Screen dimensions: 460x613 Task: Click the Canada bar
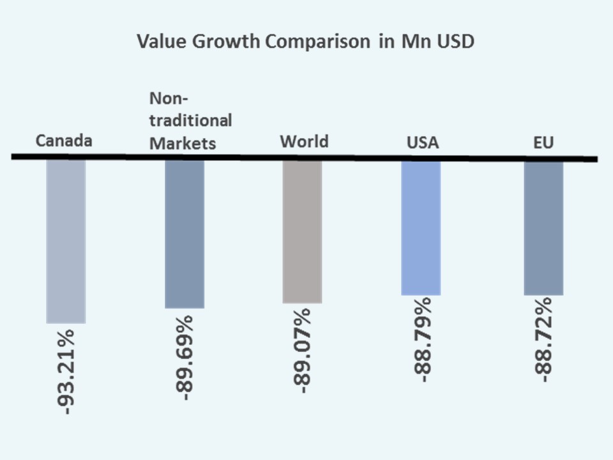66,241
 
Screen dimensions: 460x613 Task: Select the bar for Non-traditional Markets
185,234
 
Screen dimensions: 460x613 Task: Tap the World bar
302,231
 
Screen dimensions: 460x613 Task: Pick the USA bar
421,227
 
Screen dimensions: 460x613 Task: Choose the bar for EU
543,227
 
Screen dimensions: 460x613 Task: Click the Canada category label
64,141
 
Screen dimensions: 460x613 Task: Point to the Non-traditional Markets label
190,121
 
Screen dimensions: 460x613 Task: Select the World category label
304,141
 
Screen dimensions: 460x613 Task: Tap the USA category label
423,142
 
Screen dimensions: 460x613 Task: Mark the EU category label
543,142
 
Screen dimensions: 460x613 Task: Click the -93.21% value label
66,369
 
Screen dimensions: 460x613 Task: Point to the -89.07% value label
302,351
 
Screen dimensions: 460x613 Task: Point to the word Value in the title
158,42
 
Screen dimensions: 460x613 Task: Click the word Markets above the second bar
183,142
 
